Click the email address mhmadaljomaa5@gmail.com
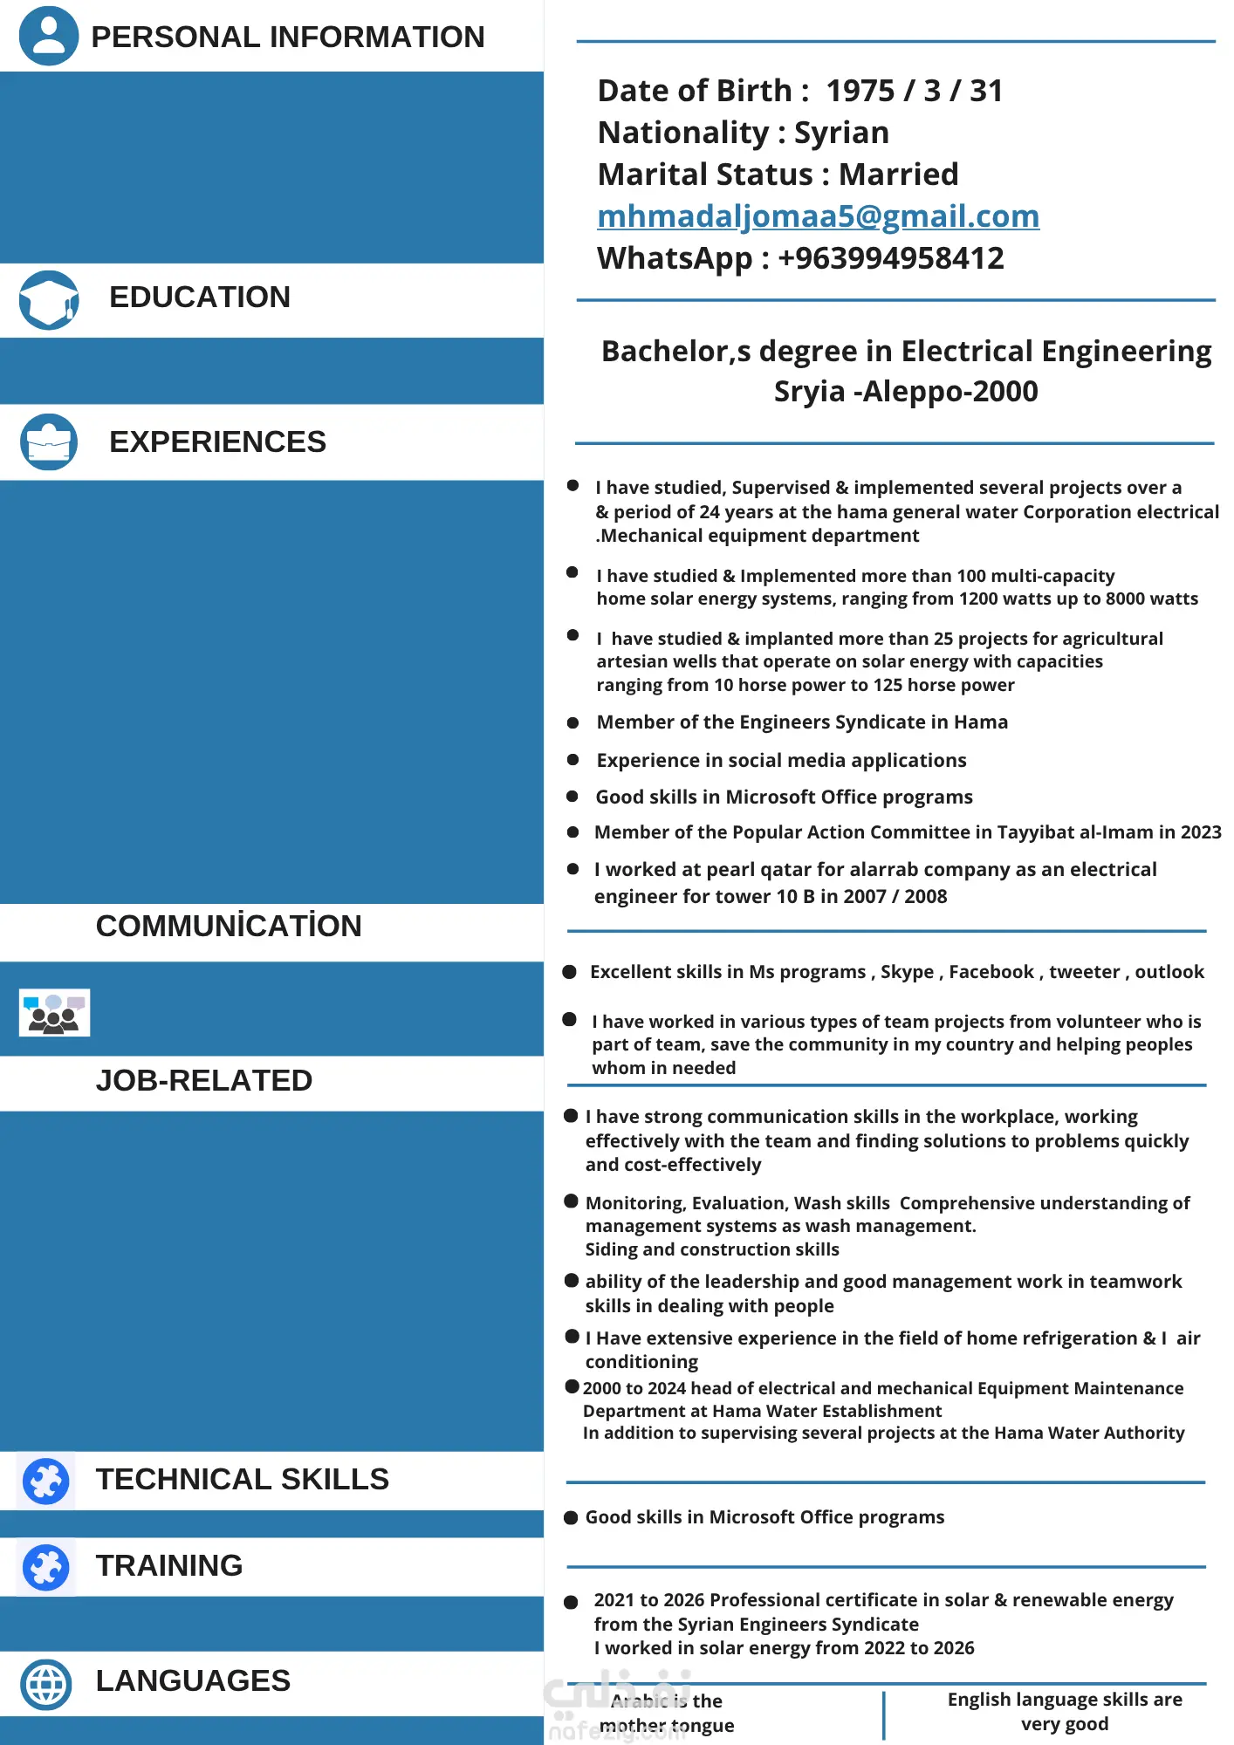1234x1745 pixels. tap(818, 216)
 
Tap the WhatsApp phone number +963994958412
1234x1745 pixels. tap(890, 258)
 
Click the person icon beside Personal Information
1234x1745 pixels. tap(49, 35)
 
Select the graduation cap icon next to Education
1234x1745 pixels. tap(49, 299)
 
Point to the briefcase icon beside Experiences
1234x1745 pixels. tap(49, 441)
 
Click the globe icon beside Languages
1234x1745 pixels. tap(46, 1684)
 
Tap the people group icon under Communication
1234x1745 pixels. tap(54, 1013)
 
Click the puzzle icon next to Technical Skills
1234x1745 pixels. tap(46, 1481)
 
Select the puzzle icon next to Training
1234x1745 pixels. tap(46, 1567)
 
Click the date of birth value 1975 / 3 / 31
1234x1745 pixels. tap(914, 91)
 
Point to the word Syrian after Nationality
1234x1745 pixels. tap(841, 133)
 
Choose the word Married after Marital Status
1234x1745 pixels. tap(898, 174)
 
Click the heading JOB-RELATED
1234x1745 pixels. tap(204, 1080)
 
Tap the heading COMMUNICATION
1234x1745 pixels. tap(229, 926)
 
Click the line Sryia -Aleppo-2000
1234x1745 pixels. tap(906, 392)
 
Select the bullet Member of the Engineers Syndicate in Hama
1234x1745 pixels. tap(801, 722)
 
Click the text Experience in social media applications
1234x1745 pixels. tap(781, 761)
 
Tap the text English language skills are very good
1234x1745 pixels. tap(1065, 1711)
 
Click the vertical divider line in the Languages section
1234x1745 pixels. tap(883, 1714)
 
